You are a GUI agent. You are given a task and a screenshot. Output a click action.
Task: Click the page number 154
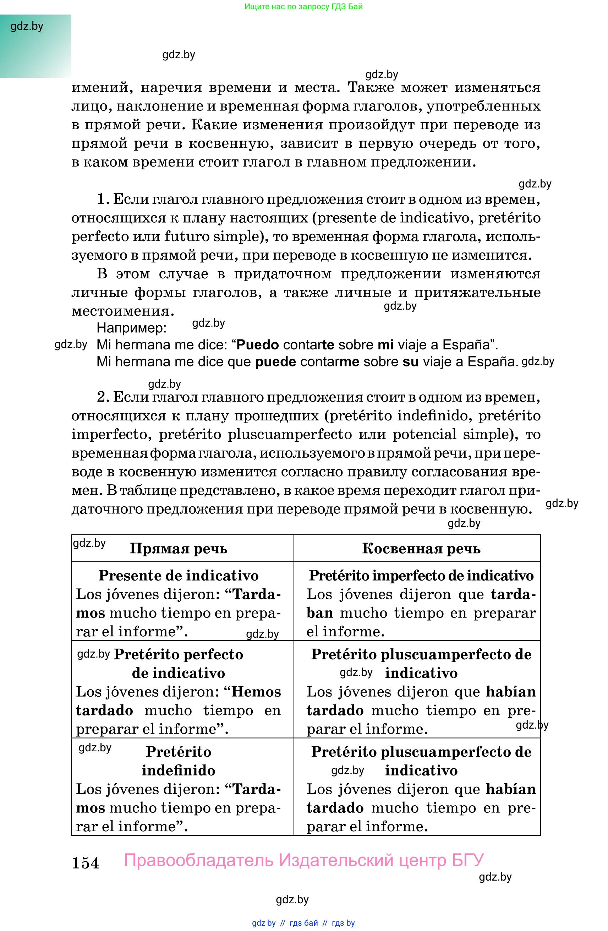pyautogui.click(x=85, y=863)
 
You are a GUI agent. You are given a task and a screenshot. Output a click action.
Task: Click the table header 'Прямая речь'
pyautogui.click(x=178, y=549)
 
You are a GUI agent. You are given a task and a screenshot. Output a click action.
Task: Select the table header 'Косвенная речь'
pyautogui.click(x=421, y=549)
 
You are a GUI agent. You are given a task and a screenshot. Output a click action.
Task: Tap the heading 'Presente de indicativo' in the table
pyautogui.click(x=178, y=576)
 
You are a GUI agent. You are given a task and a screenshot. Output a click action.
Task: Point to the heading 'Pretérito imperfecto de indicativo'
pyautogui.click(x=421, y=576)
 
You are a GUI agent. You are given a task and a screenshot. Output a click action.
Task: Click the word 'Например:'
pyautogui.click(x=131, y=328)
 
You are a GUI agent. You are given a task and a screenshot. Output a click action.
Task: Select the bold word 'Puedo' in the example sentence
pyautogui.click(x=257, y=345)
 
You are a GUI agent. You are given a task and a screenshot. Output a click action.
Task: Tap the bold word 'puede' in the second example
pyautogui.click(x=275, y=362)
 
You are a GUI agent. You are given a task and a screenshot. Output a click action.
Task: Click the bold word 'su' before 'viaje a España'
pyautogui.click(x=411, y=362)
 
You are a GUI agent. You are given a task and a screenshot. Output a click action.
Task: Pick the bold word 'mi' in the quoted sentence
pyautogui.click(x=385, y=345)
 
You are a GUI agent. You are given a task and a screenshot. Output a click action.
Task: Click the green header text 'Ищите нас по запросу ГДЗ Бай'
pyautogui.click(x=303, y=7)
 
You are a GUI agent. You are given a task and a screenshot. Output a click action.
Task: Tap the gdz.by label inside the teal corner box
pyautogui.click(x=27, y=27)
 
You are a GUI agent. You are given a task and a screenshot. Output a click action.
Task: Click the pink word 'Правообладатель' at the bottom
pyautogui.click(x=199, y=861)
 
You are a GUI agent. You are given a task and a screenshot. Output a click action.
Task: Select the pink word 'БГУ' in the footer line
pyautogui.click(x=468, y=861)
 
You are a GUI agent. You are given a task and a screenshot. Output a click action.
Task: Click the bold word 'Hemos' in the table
pyautogui.click(x=256, y=692)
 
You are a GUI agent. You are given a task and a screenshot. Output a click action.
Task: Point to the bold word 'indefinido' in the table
pyautogui.click(x=178, y=771)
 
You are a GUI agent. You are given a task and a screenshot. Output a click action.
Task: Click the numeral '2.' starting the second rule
pyautogui.click(x=103, y=397)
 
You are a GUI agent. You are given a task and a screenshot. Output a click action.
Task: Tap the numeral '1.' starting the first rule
pyautogui.click(x=103, y=200)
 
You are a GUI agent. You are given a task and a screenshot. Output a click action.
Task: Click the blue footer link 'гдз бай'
pyautogui.click(x=303, y=923)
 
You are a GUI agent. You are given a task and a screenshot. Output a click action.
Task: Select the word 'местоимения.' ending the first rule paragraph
pyautogui.click(x=123, y=311)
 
